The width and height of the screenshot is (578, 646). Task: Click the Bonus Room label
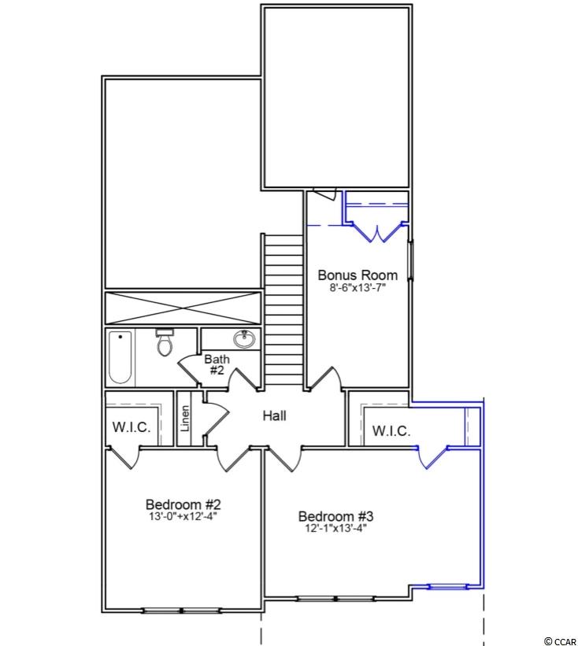point(358,275)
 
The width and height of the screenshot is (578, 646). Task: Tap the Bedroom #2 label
point(183,504)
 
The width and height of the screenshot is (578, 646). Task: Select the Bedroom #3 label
point(335,516)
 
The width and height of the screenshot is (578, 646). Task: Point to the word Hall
point(275,415)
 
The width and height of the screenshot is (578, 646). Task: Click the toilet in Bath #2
point(165,342)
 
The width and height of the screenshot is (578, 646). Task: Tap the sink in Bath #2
point(244,339)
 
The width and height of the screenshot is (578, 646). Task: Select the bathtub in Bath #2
point(120,357)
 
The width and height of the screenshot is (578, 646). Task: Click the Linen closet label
point(185,419)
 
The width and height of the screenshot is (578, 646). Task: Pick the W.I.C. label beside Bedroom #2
point(131,426)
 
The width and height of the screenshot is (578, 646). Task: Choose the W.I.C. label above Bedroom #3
point(391,431)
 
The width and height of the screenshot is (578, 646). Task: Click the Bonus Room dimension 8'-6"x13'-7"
point(358,287)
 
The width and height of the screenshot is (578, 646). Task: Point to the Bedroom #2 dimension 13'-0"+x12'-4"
point(183,517)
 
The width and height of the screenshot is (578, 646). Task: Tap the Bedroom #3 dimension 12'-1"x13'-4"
point(335,528)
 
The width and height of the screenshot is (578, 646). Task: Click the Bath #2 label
point(217,364)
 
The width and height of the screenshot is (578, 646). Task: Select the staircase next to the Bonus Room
point(283,309)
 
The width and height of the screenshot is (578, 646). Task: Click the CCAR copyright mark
point(560,641)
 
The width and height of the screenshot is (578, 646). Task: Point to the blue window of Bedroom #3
point(448,586)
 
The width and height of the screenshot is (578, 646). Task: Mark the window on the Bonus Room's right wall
point(410,260)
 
